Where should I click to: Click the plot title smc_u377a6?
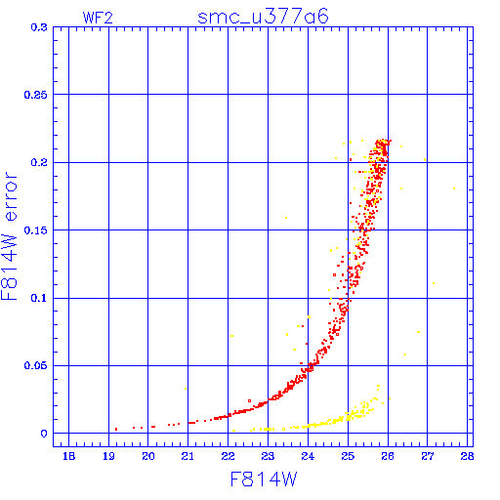click(x=263, y=17)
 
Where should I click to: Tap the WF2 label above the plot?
click(x=98, y=18)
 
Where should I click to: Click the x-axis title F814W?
click(x=264, y=479)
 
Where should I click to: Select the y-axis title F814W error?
click(x=9, y=235)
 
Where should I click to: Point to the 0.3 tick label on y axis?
click(x=39, y=27)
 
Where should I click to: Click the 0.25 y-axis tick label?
click(x=35, y=95)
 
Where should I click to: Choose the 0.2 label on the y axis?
click(x=39, y=162)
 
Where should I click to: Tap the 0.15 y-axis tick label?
click(x=35, y=230)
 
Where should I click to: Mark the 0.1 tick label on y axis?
click(x=39, y=298)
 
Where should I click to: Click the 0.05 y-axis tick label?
click(x=35, y=365)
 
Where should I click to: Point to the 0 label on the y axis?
click(x=44, y=434)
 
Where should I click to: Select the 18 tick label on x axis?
click(x=68, y=456)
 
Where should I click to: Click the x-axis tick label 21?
click(x=187, y=456)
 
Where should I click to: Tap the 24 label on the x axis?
click(x=308, y=456)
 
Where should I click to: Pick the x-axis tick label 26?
click(x=388, y=456)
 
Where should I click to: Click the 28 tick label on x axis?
click(x=467, y=456)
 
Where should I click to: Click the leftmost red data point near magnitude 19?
click(x=116, y=430)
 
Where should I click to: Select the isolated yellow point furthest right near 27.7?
click(x=454, y=188)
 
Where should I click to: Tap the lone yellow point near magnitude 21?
click(x=186, y=389)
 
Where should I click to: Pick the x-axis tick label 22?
click(x=228, y=456)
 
